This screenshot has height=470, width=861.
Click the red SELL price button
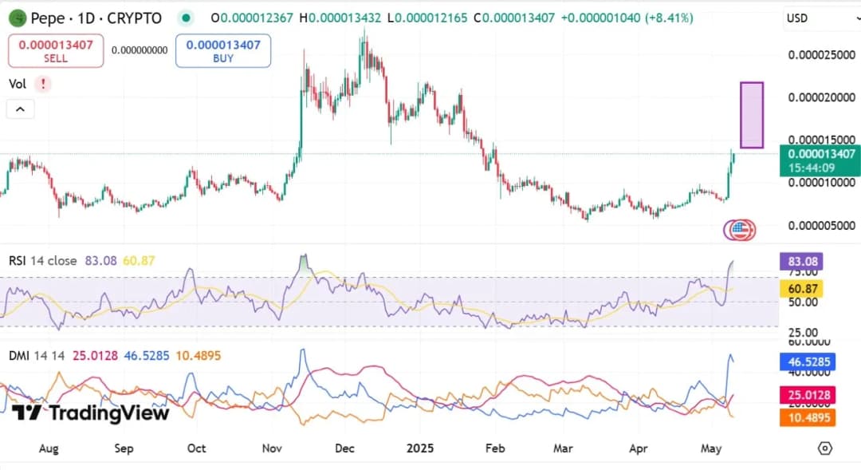point(56,51)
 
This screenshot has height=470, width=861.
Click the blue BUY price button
point(223,51)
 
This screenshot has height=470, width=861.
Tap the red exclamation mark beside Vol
point(42,84)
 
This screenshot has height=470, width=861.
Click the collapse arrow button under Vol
point(21,109)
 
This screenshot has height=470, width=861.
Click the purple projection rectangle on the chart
point(752,115)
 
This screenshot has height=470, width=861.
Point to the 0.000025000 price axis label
point(821,55)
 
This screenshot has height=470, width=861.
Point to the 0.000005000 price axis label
point(821,226)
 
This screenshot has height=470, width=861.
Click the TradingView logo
point(90,413)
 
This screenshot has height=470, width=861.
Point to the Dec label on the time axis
point(344,448)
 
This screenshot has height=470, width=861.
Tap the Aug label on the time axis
point(49,448)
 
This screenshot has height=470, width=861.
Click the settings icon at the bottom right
point(825,448)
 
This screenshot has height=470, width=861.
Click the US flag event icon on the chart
point(741,231)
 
